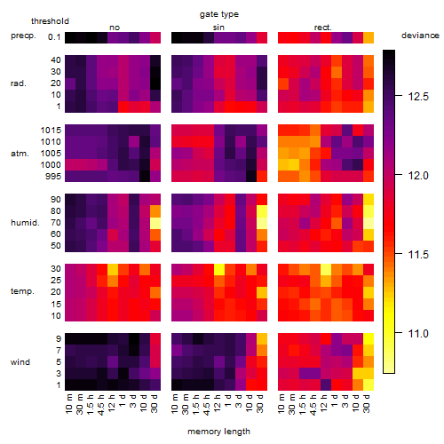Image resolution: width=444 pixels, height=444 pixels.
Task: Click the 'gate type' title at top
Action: pyautogui.click(x=219, y=14)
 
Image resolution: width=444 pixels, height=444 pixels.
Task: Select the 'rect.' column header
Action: pyautogui.click(x=323, y=28)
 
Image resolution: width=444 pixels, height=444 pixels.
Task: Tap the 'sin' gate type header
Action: pyautogui.click(x=218, y=28)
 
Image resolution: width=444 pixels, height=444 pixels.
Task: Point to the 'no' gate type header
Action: pyautogui.click(x=115, y=28)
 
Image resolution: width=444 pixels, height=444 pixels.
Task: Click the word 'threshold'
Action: pyautogui.click(x=50, y=21)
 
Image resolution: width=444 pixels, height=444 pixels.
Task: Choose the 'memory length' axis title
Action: pyautogui.click(x=219, y=432)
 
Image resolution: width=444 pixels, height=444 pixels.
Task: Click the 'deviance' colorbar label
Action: pyautogui.click(x=420, y=36)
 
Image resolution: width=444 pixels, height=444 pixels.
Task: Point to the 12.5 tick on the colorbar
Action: pyautogui.click(x=418, y=97)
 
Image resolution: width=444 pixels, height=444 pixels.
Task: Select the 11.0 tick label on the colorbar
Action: pyautogui.click(x=418, y=334)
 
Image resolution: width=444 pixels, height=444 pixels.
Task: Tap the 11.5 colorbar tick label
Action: pyautogui.click(x=418, y=255)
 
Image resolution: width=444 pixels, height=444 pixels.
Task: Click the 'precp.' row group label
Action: pyautogui.click(x=23, y=36)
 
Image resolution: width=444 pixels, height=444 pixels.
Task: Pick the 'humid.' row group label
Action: pyautogui.click(x=25, y=223)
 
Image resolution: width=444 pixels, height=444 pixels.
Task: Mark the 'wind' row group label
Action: pyautogui.click(x=20, y=362)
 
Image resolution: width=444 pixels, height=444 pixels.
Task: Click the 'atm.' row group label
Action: pyautogui.click(x=20, y=154)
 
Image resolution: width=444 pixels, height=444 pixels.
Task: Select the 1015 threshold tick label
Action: pyautogui.click(x=51, y=131)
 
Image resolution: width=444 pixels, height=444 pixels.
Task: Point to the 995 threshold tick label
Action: pyautogui.click(x=53, y=177)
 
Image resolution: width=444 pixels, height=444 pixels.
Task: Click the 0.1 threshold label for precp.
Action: pyautogui.click(x=54, y=37)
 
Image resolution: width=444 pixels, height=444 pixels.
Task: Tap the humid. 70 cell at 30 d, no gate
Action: pyautogui.click(x=155, y=223)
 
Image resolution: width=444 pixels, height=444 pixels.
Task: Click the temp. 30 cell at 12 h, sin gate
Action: pyautogui.click(x=219, y=269)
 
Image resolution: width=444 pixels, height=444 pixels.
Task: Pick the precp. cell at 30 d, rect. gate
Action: pyautogui.click(x=369, y=37)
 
